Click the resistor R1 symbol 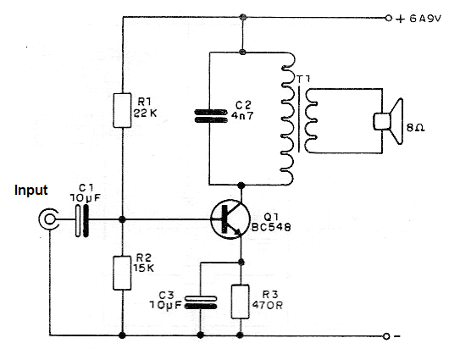[x=122, y=110]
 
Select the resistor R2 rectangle [x=122, y=273]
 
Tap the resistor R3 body [x=241, y=302]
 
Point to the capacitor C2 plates [x=211, y=116]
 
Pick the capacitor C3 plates [x=201, y=302]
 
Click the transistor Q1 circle [x=230, y=219]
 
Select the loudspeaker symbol [x=388, y=121]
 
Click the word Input [x=30, y=190]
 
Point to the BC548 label [x=271, y=227]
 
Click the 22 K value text [x=145, y=113]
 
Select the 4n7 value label [x=242, y=115]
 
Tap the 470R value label [x=267, y=305]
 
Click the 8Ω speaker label [x=416, y=128]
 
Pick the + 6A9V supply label [x=418, y=19]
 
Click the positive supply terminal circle [x=389, y=18]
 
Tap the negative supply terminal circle [x=386, y=336]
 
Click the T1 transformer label [x=303, y=80]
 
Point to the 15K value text [x=144, y=269]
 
